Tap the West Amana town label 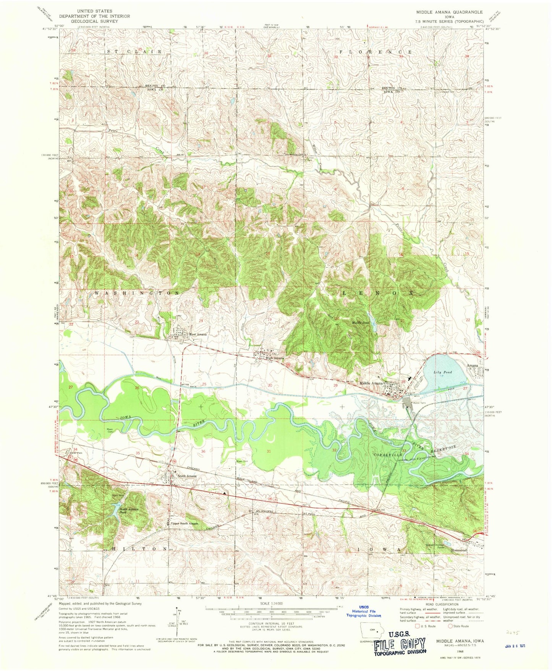tap(197, 334)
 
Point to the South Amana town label tap(187, 476)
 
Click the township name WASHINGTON tap(136, 293)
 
